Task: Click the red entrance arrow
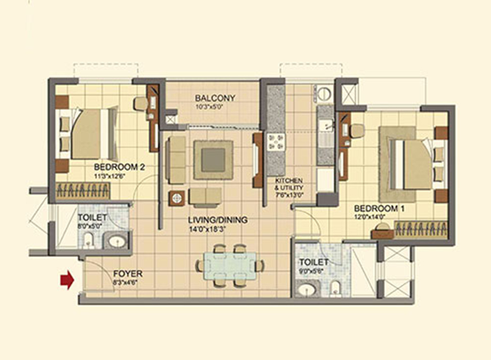click(67, 279)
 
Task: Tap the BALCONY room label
click(215, 98)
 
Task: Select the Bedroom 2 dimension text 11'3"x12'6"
click(110, 176)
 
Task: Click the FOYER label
click(128, 274)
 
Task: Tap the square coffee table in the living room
click(213, 160)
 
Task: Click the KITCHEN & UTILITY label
click(289, 184)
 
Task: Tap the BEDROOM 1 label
click(379, 208)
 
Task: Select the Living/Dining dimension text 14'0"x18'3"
click(207, 229)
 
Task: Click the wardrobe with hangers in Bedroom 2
click(83, 191)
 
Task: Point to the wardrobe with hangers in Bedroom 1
click(420, 229)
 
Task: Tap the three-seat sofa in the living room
click(175, 160)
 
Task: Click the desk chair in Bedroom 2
click(141, 104)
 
